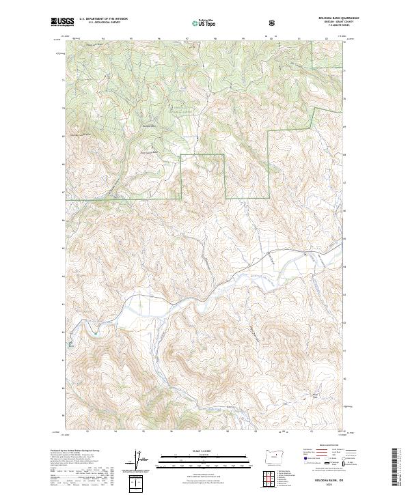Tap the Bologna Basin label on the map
[150, 126]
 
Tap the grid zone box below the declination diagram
[138, 484]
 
